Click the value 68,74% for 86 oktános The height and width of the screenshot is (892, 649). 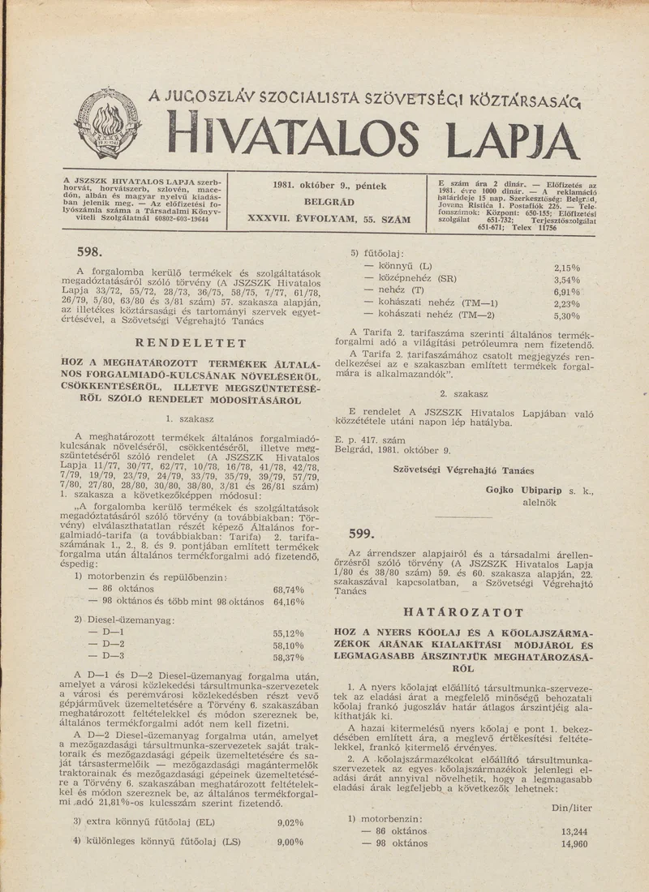[x=289, y=590]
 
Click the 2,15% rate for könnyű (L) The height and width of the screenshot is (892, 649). [x=567, y=267]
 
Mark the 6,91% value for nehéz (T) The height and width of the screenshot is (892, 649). [x=567, y=292]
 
